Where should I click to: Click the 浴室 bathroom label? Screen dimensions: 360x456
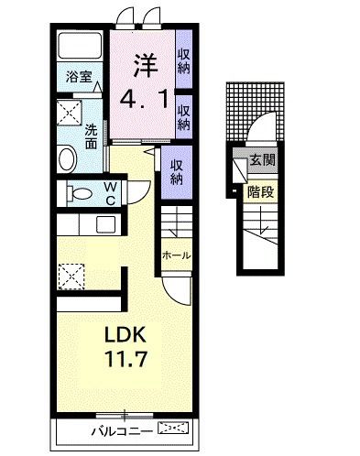pyautogui.click(x=79, y=77)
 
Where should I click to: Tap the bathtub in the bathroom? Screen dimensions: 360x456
pyautogui.click(x=80, y=46)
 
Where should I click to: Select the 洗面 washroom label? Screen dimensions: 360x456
pyautogui.click(x=91, y=136)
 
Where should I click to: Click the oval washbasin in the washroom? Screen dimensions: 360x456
pyautogui.click(x=68, y=158)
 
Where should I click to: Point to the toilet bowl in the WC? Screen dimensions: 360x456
pyautogui.click(x=80, y=193)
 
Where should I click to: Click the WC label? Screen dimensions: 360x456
pyautogui.click(x=110, y=193)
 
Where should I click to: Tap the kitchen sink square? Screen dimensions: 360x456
pyautogui.click(x=105, y=224)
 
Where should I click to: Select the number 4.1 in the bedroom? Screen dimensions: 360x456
pyautogui.click(x=144, y=98)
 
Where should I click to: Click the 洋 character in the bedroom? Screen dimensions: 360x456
pyautogui.click(x=146, y=65)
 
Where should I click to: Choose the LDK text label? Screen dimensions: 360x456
pyautogui.click(x=125, y=334)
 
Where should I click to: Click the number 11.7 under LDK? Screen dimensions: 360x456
pyautogui.click(x=126, y=359)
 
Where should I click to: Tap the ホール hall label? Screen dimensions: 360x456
pyautogui.click(x=177, y=255)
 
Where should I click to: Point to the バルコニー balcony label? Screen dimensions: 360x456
pyautogui.click(x=122, y=431)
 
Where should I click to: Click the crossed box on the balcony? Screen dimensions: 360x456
pyautogui.click(x=173, y=428)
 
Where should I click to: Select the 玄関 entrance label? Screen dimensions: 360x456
pyautogui.click(x=262, y=159)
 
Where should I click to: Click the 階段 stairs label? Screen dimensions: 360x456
pyautogui.click(x=260, y=192)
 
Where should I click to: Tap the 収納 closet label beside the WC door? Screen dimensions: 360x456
pyautogui.click(x=176, y=172)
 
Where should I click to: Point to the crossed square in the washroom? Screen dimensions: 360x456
pyautogui.click(x=70, y=113)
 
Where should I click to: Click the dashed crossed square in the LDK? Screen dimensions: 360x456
pyautogui.click(x=71, y=277)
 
